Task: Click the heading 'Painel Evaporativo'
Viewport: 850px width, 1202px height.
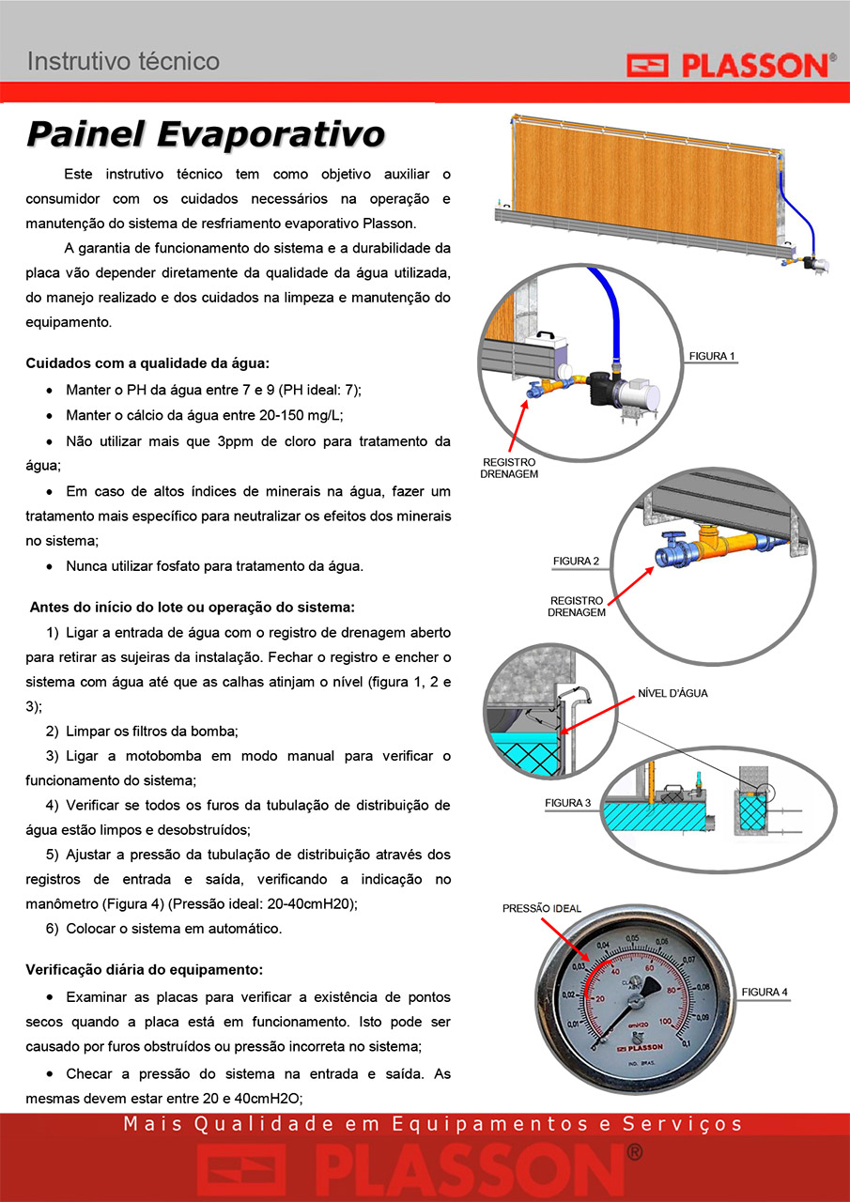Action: coord(206,134)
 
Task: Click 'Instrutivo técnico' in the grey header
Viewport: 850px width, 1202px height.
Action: coord(123,61)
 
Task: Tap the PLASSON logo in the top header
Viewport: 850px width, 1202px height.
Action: coord(732,65)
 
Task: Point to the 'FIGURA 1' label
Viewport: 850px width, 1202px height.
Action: coord(712,356)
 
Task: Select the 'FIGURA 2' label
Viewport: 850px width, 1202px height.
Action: coord(576,561)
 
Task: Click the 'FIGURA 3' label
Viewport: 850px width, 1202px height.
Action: coord(567,803)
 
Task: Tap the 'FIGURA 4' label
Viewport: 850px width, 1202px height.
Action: coord(765,993)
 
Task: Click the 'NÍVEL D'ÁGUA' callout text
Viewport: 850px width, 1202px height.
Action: coord(672,693)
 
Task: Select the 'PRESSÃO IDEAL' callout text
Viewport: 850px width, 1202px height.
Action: coord(541,908)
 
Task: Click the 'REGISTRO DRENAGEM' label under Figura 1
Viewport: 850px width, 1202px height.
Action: coord(509,468)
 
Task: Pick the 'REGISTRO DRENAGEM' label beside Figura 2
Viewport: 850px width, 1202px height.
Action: coord(577,607)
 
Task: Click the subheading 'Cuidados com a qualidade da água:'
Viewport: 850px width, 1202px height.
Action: coord(147,363)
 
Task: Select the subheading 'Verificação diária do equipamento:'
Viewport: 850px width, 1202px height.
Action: coord(145,970)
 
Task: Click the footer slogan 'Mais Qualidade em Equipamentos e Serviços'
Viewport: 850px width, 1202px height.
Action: coord(432,1124)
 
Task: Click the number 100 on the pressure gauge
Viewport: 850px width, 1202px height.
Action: coord(665,1021)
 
